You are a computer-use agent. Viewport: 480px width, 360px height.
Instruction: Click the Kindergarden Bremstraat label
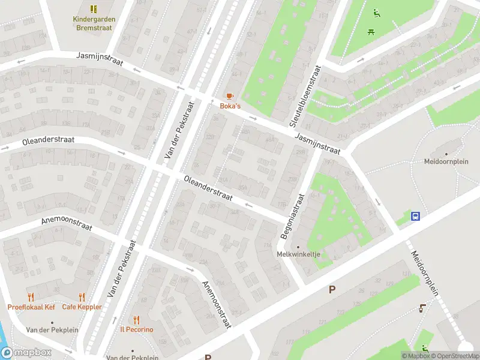tap(94, 23)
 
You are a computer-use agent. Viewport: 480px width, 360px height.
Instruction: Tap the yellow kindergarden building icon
tap(94, 9)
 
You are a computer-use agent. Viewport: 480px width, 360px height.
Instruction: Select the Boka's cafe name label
tap(230, 106)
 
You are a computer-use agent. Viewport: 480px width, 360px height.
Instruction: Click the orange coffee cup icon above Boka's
tap(230, 96)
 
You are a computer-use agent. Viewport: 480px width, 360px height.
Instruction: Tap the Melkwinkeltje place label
tap(298, 254)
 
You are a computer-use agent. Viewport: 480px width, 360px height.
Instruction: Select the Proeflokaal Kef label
tap(31, 307)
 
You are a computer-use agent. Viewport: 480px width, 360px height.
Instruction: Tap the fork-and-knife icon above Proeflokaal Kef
tap(31, 297)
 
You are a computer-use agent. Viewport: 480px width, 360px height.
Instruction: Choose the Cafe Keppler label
tap(82, 307)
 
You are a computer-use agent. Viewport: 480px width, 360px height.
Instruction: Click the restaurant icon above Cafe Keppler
tap(82, 297)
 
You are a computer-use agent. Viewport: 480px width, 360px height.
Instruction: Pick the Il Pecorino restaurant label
tap(136, 329)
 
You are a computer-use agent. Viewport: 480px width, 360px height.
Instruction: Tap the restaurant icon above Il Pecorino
tap(136, 319)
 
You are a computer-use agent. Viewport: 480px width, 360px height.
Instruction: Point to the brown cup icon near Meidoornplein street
tap(422, 308)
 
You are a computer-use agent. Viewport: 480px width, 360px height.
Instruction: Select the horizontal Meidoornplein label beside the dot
tap(446, 161)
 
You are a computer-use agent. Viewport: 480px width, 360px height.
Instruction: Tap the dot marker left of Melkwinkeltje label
tap(298, 247)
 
